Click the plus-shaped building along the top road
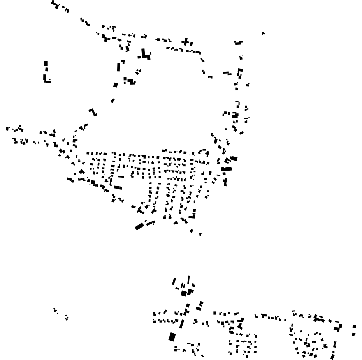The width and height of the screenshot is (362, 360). coord(186,41)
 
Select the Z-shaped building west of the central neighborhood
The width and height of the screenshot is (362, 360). coord(93,112)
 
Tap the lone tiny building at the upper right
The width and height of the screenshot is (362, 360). coord(264,34)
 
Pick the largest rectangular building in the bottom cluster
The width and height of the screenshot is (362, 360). coord(172,337)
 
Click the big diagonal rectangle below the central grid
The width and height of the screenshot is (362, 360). coord(139,226)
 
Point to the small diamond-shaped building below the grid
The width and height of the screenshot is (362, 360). coord(191,231)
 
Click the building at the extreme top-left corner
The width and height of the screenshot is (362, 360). coord(55,4)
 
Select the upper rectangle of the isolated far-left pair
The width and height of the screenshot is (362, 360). coord(46,64)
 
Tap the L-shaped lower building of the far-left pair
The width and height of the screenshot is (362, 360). coord(46,79)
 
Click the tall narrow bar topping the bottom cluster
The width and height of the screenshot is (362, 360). coord(189,279)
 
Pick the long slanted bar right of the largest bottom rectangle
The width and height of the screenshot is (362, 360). coord(181,324)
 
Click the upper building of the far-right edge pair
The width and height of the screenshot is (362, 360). coord(354,326)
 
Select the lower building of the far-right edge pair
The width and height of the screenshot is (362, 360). coord(353,334)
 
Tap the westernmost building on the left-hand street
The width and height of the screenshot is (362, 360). coord(7,128)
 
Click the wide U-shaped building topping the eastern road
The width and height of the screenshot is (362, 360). coord(239,42)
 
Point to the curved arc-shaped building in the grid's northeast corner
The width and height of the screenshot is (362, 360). coord(203,151)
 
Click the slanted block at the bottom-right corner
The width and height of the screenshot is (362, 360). coord(332,356)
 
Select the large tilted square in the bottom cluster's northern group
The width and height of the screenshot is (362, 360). coord(184,293)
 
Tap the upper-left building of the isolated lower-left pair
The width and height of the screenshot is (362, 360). coord(55,310)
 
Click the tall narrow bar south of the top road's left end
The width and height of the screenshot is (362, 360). coord(119,67)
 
